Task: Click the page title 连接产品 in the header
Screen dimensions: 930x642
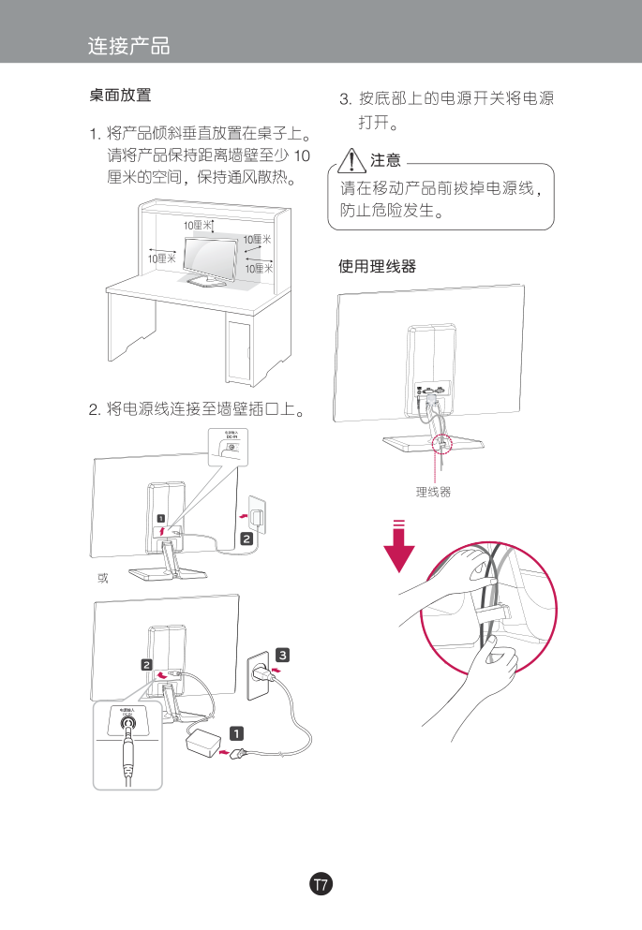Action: (128, 45)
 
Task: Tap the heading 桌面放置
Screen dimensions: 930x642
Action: (120, 96)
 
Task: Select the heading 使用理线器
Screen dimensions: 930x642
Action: (377, 267)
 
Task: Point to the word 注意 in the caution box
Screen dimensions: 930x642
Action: (385, 160)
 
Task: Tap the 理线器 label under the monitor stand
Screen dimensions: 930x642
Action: (433, 492)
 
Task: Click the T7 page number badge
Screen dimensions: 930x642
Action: (321, 884)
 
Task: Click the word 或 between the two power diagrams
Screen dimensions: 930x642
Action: (103, 578)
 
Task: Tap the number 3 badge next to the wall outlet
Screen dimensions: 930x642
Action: (282, 654)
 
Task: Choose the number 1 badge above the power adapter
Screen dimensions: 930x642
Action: (238, 732)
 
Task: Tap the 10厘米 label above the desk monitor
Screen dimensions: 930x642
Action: (197, 226)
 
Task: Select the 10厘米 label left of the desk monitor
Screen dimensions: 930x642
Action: (160, 258)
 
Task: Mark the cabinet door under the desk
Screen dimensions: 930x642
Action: (240, 351)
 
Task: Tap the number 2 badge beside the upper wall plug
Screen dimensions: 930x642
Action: (246, 539)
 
